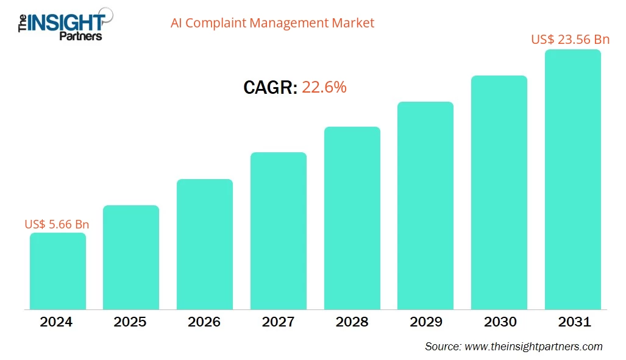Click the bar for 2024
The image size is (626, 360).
point(57,271)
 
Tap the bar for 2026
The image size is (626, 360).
point(204,244)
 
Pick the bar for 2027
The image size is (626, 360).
point(278,231)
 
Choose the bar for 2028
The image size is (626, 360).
point(352,218)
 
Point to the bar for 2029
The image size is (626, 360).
point(425,205)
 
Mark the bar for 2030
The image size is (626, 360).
point(499,192)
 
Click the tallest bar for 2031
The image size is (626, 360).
point(572,180)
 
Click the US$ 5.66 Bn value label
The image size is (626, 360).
point(57,224)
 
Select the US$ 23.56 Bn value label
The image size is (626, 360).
point(570,40)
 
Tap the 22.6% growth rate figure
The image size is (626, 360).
point(324,87)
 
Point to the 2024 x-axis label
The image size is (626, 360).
point(56,322)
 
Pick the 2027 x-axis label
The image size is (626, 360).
point(278,322)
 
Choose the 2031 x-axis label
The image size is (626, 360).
point(574,322)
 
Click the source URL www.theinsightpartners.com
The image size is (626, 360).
point(533,347)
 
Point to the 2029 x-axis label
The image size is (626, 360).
point(425,322)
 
